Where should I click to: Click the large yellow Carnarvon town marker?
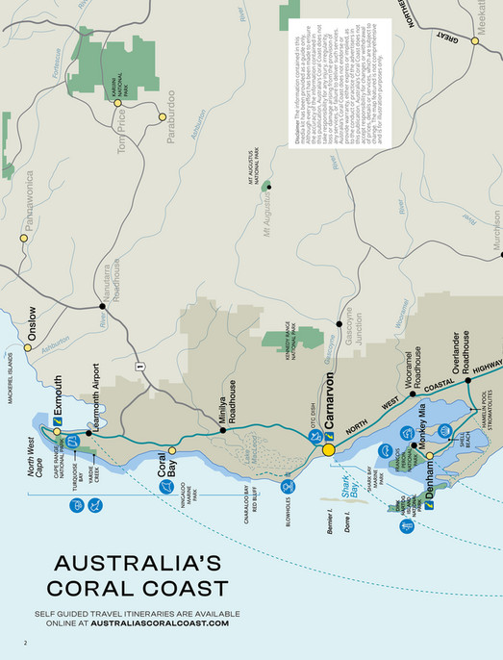point(328,449)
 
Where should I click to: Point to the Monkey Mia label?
point(422,427)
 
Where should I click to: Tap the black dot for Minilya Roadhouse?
point(223,430)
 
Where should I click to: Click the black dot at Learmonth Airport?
point(89,433)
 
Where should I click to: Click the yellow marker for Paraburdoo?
point(163,117)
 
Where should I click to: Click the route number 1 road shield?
point(139,366)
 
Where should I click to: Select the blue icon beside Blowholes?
point(288,488)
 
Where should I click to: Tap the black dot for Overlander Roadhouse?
point(468,380)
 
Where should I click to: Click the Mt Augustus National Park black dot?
point(268,186)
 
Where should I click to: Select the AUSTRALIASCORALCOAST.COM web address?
point(160,623)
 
